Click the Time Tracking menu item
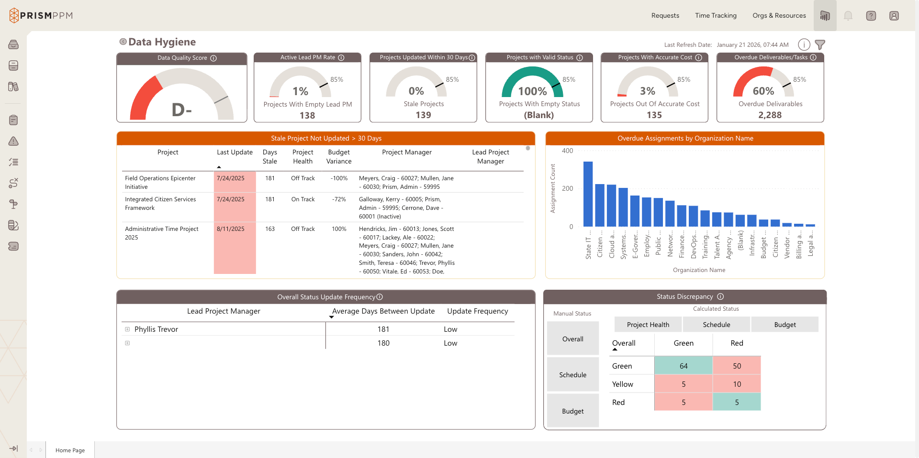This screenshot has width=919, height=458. pyautogui.click(x=716, y=15)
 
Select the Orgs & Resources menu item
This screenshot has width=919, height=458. pyautogui.click(x=779, y=15)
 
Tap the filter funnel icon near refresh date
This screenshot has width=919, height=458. pyautogui.click(x=820, y=44)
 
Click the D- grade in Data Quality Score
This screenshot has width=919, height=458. pyautogui.click(x=182, y=110)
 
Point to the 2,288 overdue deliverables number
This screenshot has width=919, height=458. pyautogui.click(x=770, y=115)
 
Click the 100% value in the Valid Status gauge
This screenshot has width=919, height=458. pyautogui.click(x=532, y=91)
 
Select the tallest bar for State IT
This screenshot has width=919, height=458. pyautogui.click(x=588, y=194)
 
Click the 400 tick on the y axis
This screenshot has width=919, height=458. pyautogui.click(x=567, y=151)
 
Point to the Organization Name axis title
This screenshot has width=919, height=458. pyautogui.click(x=699, y=270)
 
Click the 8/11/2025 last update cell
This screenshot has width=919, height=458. pyautogui.click(x=231, y=229)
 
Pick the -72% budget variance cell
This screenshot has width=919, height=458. pyautogui.click(x=339, y=199)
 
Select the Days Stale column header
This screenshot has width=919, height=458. pyautogui.click(x=269, y=157)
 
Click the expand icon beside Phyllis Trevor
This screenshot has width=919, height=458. pyautogui.click(x=127, y=329)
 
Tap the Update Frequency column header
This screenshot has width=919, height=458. pyautogui.click(x=477, y=311)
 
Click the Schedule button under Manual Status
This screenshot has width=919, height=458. pyautogui.click(x=572, y=375)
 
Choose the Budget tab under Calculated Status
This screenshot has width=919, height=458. pyautogui.click(x=785, y=325)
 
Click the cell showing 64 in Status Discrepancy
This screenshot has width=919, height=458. pyautogui.click(x=683, y=366)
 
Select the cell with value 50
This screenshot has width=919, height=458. pyautogui.click(x=737, y=366)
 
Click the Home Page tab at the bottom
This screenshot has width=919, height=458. pyautogui.click(x=70, y=450)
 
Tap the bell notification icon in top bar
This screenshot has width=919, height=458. pyautogui.click(x=848, y=16)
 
